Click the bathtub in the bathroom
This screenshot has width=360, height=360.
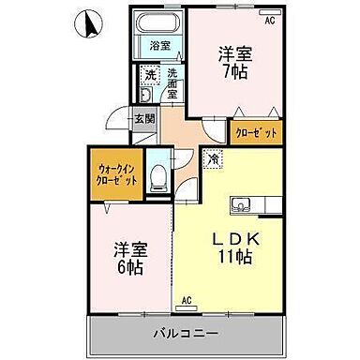coord(158,25)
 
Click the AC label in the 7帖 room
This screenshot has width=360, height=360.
coord(269,21)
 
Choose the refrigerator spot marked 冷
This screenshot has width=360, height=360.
coord(215,161)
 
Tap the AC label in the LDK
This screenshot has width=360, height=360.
coord(186,300)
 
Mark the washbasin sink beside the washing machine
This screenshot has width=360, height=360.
coord(145,94)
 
